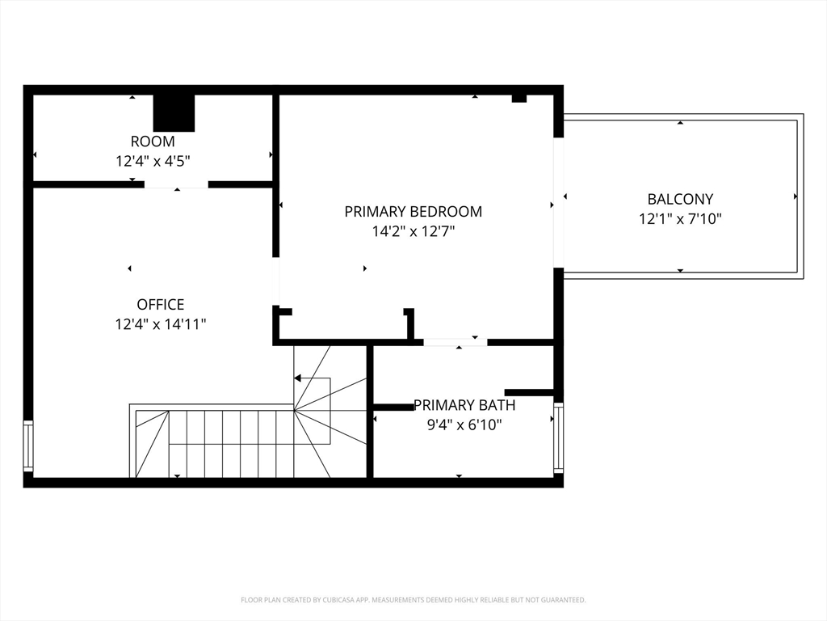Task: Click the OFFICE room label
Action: [161, 305]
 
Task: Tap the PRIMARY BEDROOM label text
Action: [413, 212]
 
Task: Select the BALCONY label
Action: [680, 199]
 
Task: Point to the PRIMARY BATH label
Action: [464, 405]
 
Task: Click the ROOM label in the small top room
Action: [153, 142]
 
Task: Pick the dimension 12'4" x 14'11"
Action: [161, 323]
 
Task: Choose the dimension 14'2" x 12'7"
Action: [413, 231]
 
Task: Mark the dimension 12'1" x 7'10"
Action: [680, 218]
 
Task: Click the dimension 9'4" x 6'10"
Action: [464, 425]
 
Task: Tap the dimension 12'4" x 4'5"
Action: [153, 161]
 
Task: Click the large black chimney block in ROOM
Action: [174, 113]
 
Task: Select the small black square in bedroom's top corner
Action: [519, 98]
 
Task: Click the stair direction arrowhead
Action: [297, 378]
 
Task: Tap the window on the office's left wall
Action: [28, 446]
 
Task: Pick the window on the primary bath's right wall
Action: [559, 438]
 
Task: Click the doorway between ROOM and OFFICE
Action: [177, 184]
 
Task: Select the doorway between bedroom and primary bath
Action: [455, 342]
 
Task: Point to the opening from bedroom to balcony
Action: [559, 203]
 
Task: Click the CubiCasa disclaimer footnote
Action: [413, 600]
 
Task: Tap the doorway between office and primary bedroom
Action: [275, 281]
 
